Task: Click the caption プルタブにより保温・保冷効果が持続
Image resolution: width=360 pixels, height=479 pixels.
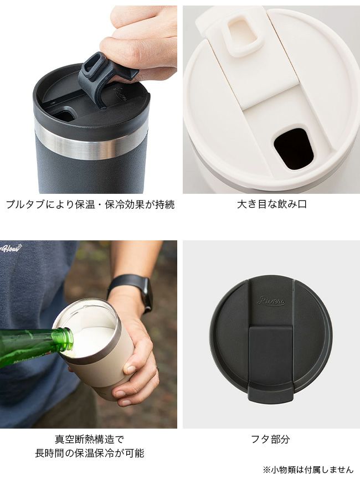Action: [90, 204]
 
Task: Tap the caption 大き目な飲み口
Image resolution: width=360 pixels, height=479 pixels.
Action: [272, 204]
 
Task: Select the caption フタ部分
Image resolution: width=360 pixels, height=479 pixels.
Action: [270, 439]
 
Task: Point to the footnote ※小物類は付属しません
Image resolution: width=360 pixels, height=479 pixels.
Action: [308, 470]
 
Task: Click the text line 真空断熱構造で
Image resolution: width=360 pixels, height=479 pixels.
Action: [90, 439]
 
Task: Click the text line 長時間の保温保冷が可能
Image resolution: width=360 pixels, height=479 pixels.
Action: [90, 453]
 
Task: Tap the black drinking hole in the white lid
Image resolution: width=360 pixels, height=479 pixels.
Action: [294, 149]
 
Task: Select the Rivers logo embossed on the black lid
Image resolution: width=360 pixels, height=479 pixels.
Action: [271, 301]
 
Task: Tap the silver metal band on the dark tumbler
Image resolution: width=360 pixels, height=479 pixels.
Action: [90, 143]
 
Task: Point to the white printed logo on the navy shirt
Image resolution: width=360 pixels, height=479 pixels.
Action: [11, 248]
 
